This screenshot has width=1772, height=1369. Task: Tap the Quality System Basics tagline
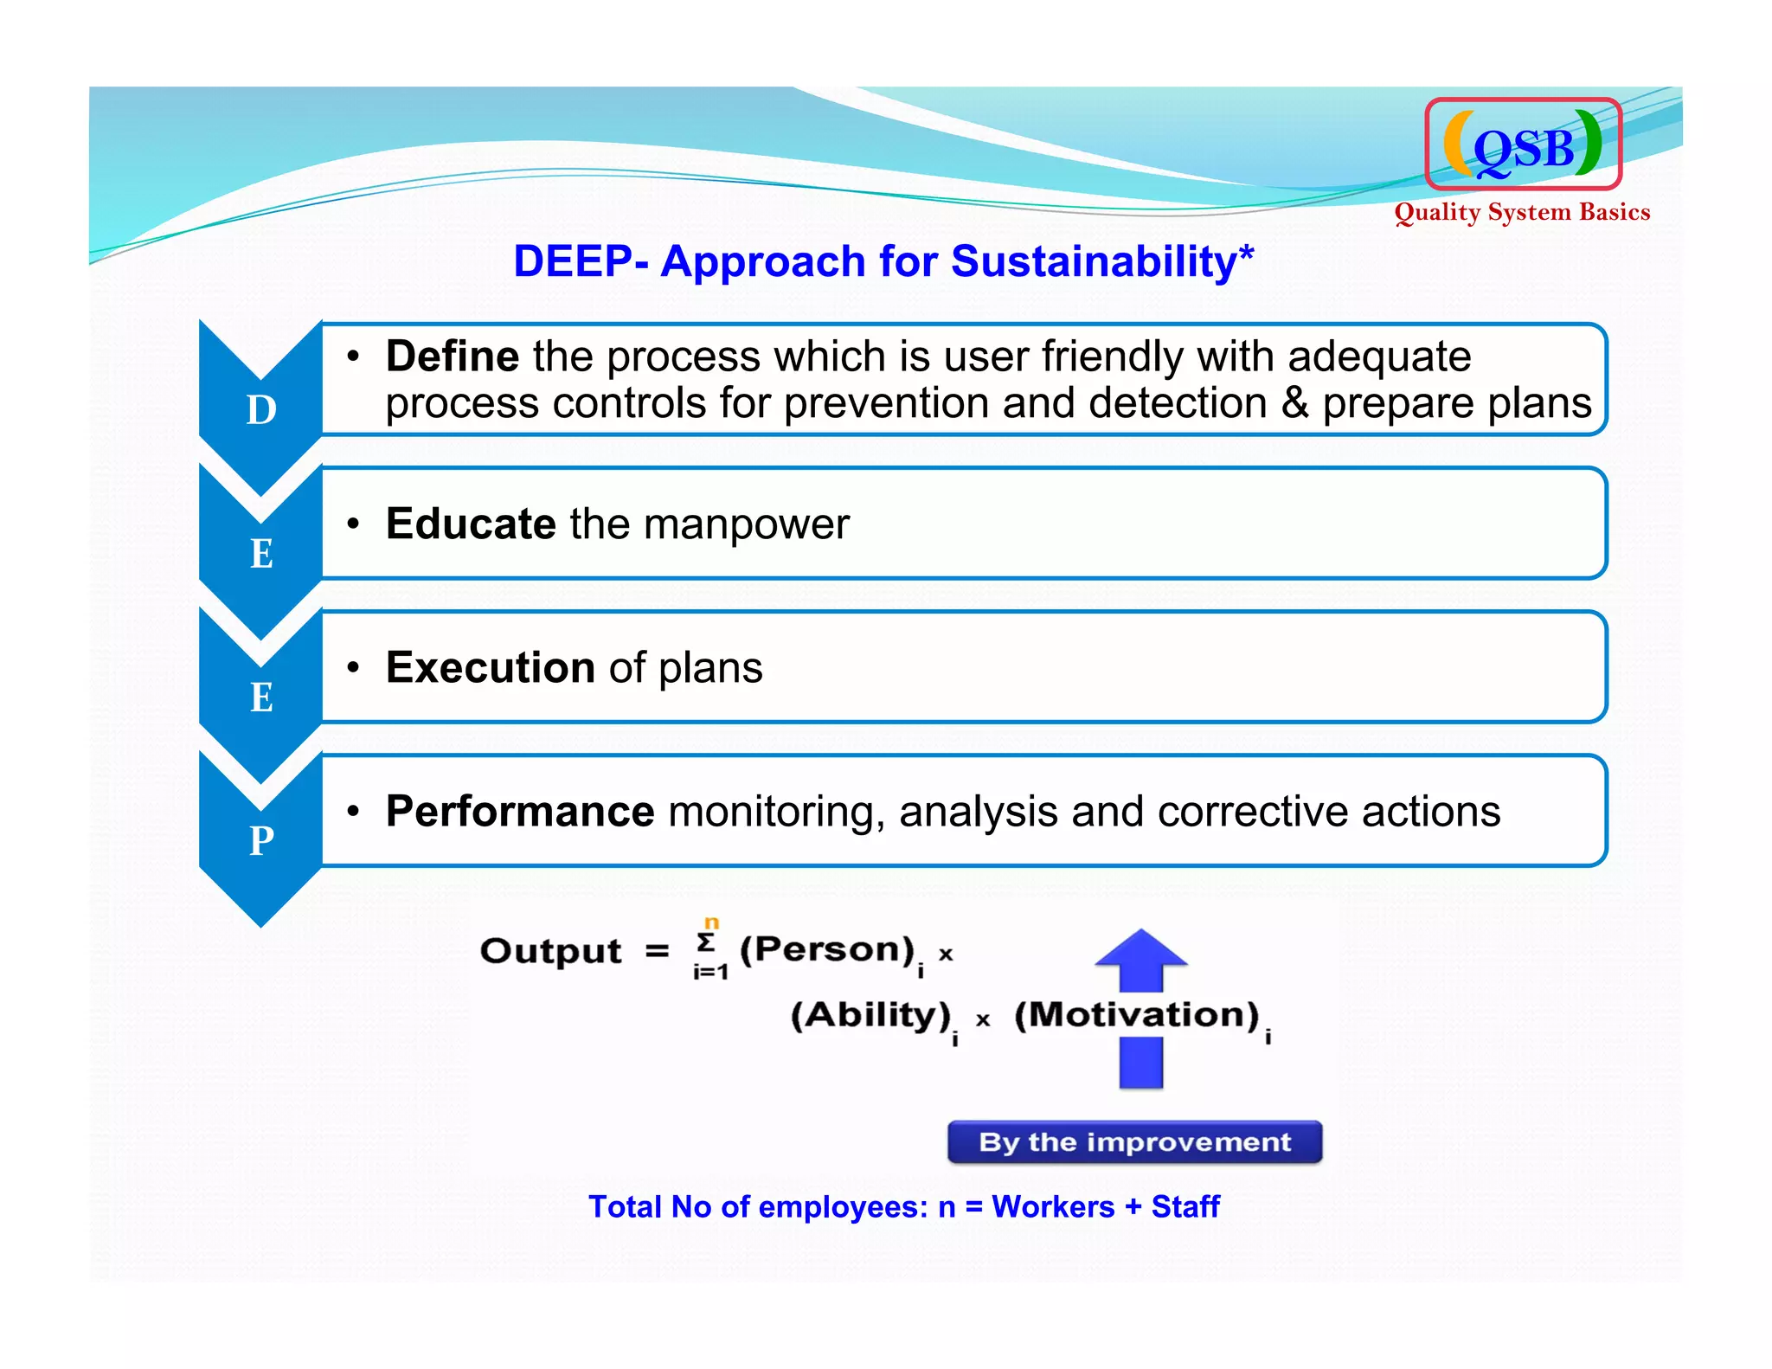(x=1521, y=212)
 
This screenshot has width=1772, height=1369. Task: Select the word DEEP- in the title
(x=581, y=261)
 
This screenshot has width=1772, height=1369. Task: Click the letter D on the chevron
(x=261, y=409)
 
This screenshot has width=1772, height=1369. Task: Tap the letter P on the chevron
(x=261, y=840)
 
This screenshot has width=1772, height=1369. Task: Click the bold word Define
(x=452, y=357)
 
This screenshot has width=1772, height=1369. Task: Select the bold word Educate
(x=470, y=524)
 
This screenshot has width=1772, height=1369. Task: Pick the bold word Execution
(x=490, y=667)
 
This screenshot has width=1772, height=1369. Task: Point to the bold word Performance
(x=519, y=812)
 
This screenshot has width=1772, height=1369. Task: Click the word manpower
(x=746, y=524)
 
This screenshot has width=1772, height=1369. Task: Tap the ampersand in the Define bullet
(x=1294, y=403)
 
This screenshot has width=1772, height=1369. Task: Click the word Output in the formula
(x=550, y=951)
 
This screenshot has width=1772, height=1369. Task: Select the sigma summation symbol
(x=707, y=942)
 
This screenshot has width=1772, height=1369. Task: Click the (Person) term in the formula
(x=826, y=950)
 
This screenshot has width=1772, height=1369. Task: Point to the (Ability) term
(x=870, y=1014)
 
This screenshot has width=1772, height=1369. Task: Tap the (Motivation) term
(x=1136, y=1014)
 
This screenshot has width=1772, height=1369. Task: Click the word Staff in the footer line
(x=1185, y=1206)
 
